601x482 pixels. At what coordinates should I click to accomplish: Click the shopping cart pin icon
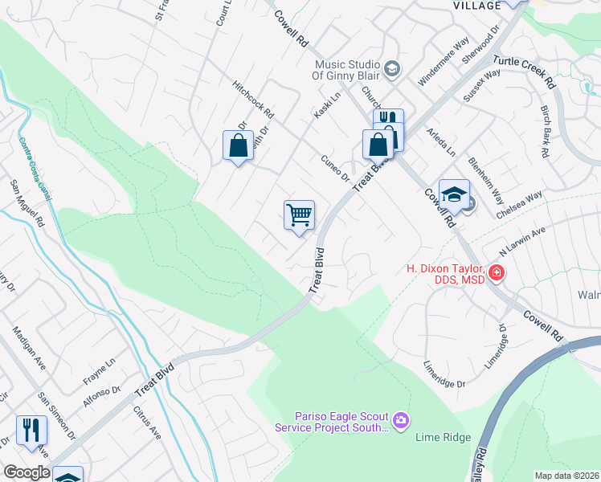click(299, 215)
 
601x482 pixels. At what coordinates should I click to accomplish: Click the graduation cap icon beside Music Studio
click(391, 68)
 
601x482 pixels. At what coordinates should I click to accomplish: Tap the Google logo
click(27, 472)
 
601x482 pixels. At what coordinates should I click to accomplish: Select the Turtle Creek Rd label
click(524, 71)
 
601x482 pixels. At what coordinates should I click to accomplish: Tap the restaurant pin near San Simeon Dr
click(31, 429)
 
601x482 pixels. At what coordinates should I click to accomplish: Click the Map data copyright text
click(567, 476)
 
